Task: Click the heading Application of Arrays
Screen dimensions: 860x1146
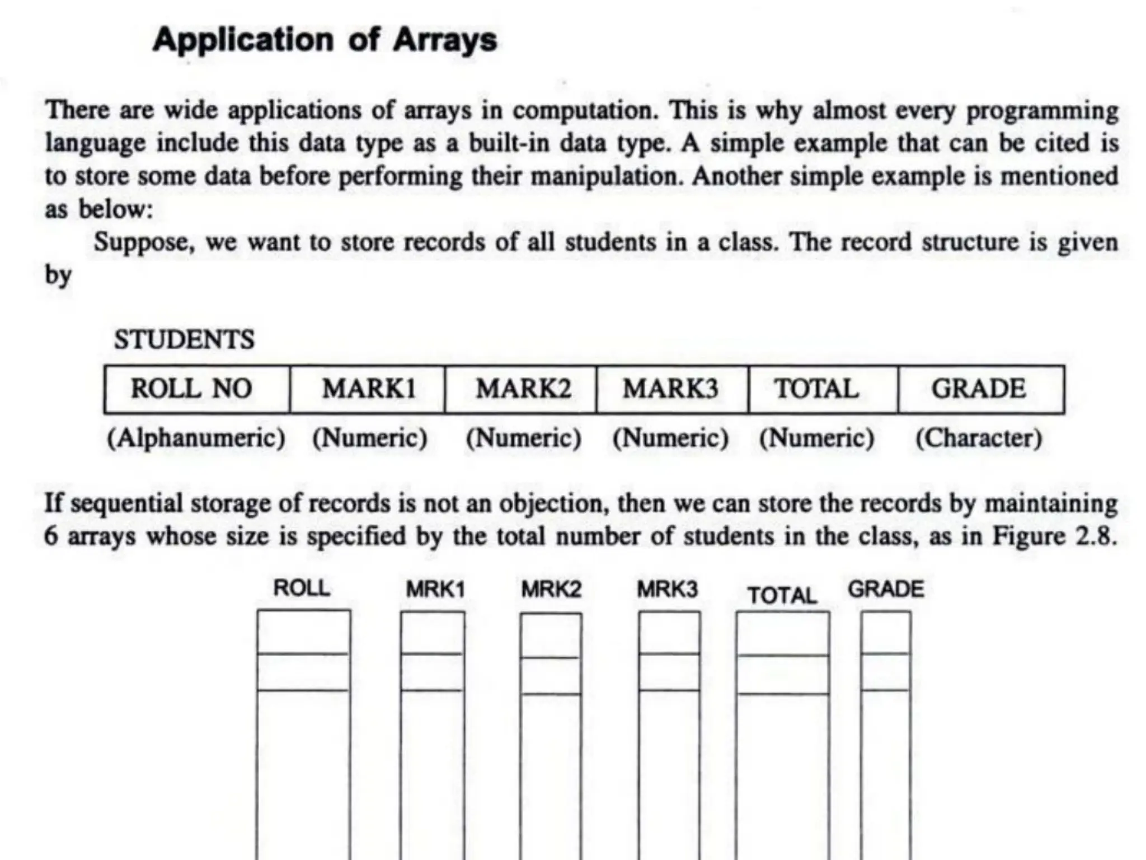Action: click(325, 40)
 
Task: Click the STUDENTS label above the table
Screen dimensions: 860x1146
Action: click(184, 340)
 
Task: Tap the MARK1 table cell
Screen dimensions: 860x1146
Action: click(368, 390)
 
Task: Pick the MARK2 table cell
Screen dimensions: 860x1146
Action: click(521, 390)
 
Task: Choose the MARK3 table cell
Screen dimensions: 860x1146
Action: click(672, 390)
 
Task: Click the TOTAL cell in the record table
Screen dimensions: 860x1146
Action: click(823, 390)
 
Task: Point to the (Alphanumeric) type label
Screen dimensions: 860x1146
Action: click(196, 438)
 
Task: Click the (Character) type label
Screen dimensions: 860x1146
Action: click(979, 438)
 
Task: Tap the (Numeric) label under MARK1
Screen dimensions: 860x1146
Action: click(369, 438)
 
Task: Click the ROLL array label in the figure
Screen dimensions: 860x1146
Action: click(302, 588)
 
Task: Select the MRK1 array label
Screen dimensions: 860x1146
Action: click(435, 590)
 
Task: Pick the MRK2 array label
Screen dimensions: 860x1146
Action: click(551, 590)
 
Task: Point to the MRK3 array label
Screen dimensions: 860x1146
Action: click(668, 590)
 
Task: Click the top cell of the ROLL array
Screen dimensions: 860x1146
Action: click(304, 632)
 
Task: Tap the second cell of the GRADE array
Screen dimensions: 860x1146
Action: click(886, 672)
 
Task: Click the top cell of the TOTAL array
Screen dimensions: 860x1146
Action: click(783, 633)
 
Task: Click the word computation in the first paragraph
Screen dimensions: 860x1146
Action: click(585, 110)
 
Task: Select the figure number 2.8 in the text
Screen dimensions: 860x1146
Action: click(1096, 536)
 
